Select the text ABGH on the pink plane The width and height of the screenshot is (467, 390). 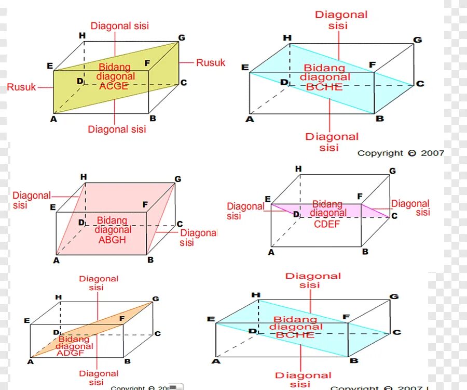[x=112, y=240]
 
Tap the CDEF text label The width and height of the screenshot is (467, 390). [x=326, y=224]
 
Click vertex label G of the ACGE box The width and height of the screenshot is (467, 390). [x=181, y=38]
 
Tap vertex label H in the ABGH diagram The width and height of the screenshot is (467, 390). [x=84, y=177]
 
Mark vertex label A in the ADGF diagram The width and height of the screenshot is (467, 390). [x=31, y=361]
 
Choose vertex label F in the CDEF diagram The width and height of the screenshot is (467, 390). [x=360, y=197]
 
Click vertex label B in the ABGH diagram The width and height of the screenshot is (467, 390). [x=150, y=259]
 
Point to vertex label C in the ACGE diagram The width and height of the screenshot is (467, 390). [x=183, y=83]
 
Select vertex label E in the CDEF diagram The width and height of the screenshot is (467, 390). [x=268, y=199]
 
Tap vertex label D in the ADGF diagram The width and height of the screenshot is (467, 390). [x=56, y=332]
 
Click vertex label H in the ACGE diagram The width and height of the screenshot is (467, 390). [x=82, y=35]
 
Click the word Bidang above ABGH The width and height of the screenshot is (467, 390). [x=112, y=220]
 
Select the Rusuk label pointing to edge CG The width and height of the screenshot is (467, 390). [x=211, y=63]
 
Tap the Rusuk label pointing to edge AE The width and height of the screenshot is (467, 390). [x=21, y=87]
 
